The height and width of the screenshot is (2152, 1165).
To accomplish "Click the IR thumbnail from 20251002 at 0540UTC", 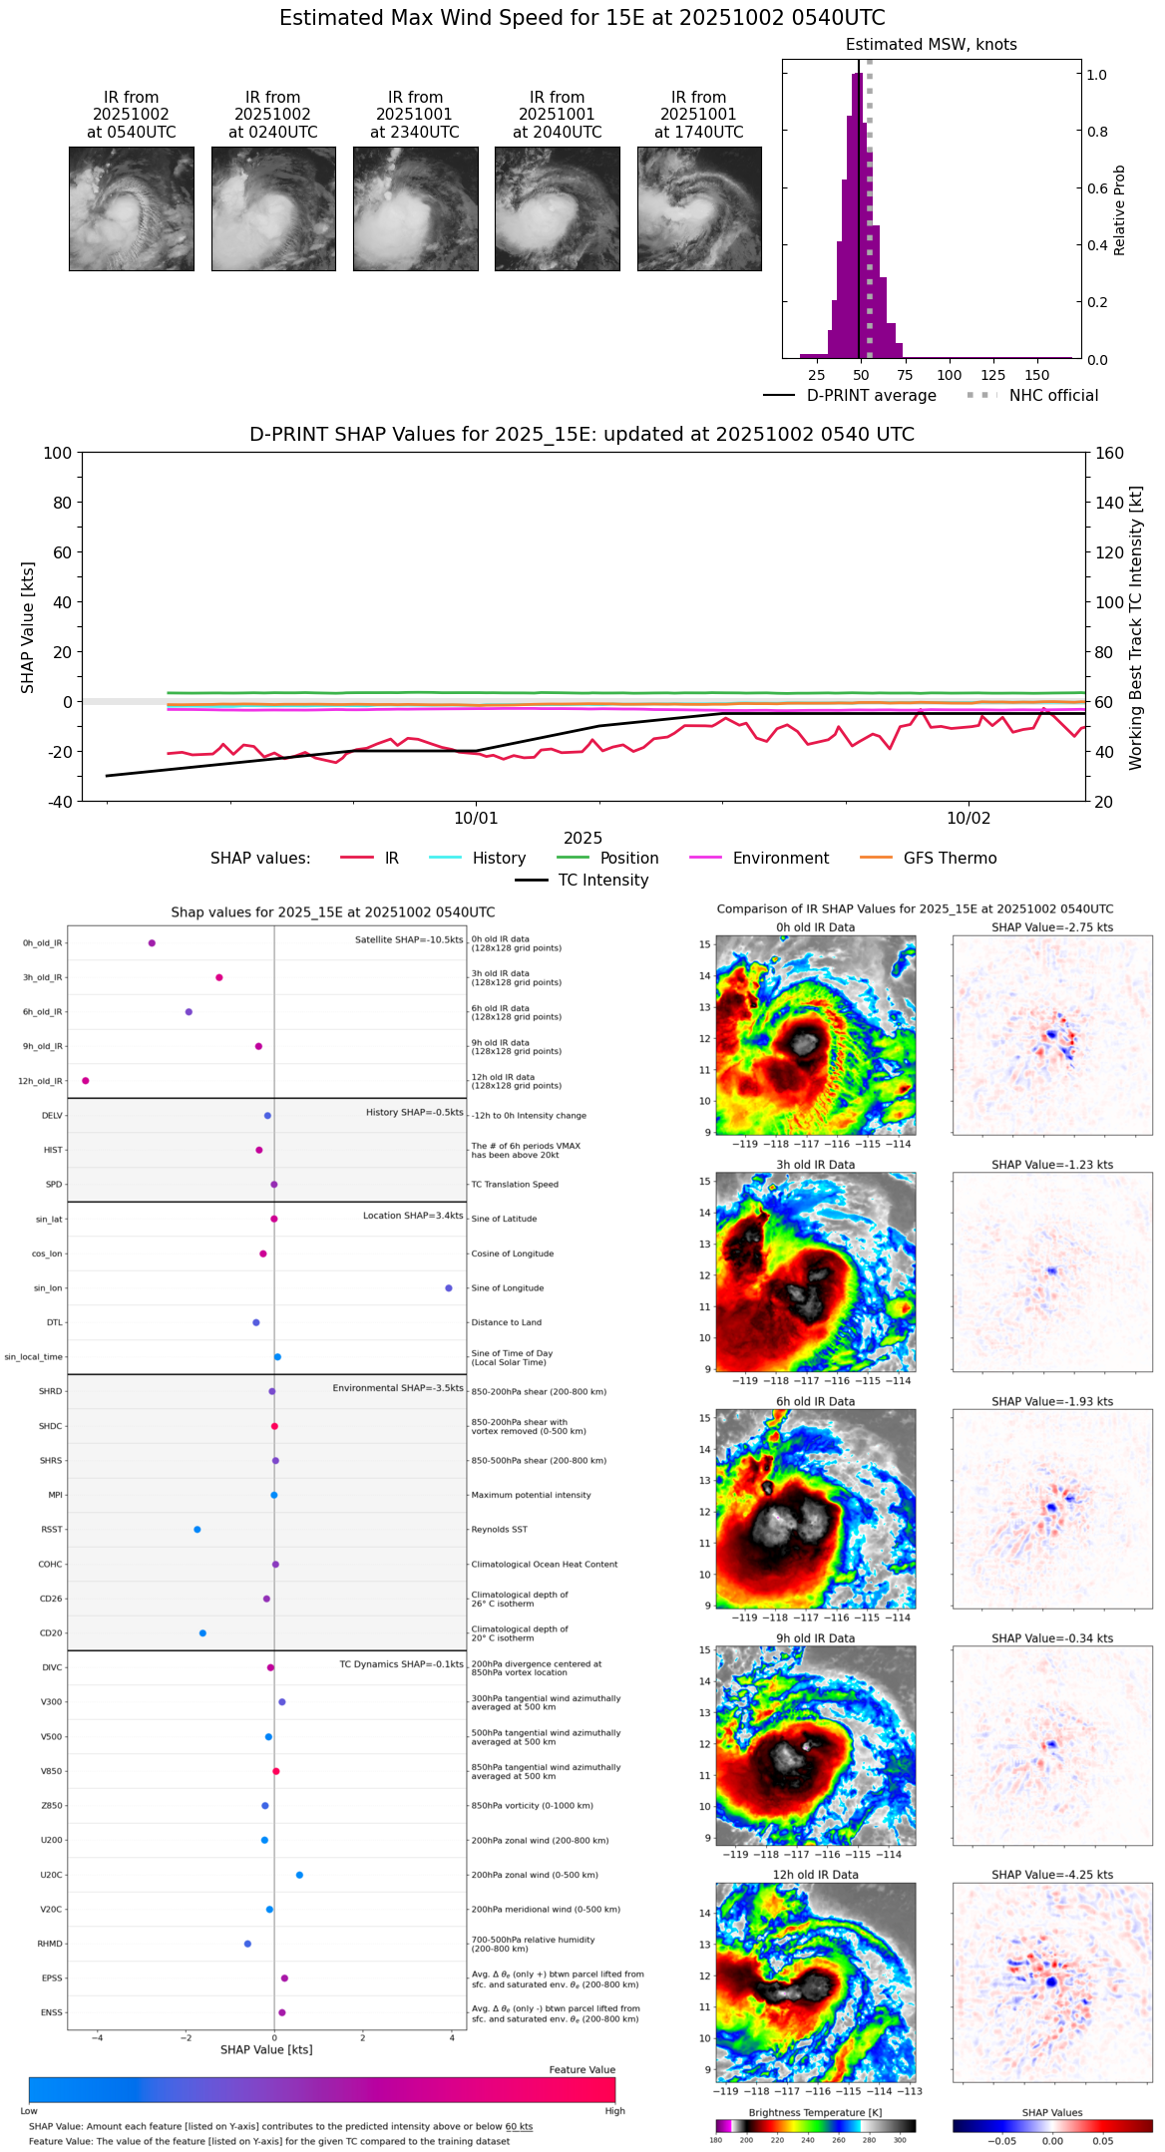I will [x=131, y=208].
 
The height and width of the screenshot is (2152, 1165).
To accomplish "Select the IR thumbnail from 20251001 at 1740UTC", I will [x=699, y=208].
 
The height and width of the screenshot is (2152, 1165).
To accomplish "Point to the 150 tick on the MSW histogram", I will [x=1037, y=375].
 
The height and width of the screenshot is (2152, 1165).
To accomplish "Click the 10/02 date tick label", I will [x=968, y=819].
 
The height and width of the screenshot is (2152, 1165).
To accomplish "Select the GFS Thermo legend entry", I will [x=950, y=859].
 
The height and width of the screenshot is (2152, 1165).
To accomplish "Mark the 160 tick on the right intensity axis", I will [x=1110, y=453].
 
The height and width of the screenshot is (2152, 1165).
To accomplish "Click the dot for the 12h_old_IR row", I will [x=86, y=1081].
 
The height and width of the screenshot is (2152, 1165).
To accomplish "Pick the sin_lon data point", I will [x=449, y=1288].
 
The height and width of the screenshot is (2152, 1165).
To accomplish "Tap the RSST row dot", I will [x=197, y=1530].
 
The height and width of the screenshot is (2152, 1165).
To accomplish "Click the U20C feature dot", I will [x=299, y=1875].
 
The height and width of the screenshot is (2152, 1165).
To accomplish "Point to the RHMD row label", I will [x=50, y=1944].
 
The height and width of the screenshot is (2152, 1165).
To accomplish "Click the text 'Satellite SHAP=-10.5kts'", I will [x=409, y=940].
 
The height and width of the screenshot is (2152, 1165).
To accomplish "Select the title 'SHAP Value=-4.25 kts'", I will [x=1052, y=1875].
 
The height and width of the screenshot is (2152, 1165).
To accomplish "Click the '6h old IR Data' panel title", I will [x=815, y=1401].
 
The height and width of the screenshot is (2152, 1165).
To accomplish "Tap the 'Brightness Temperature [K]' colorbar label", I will [x=815, y=2112].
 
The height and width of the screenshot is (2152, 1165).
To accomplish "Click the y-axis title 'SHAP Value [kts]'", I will [x=28, y=627].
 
